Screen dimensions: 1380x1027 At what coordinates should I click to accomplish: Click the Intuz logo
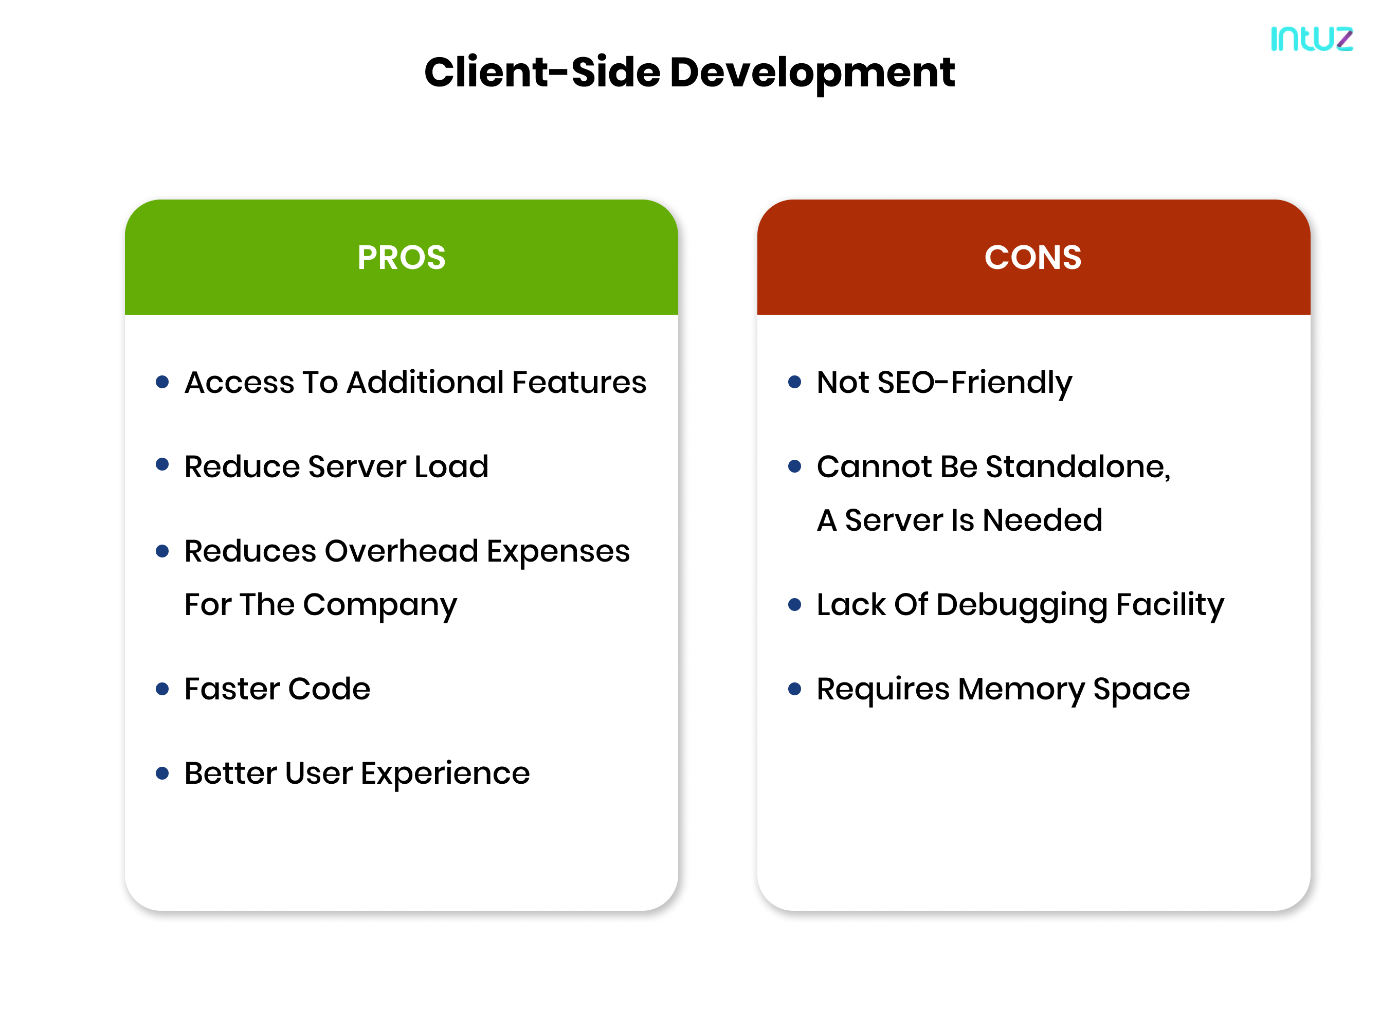tap(1312, 39)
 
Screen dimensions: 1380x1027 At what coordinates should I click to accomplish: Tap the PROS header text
tap(402, 257)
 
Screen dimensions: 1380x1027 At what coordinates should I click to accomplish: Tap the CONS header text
tap(1033, 257)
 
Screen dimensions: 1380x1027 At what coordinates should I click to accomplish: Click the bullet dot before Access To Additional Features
tap(162, 382)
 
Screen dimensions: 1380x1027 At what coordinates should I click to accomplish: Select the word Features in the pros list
tap(579, 382)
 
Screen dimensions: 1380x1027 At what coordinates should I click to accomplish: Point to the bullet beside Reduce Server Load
tap(162, 464)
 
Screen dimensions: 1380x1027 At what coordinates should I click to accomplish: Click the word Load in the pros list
tap(451, 466)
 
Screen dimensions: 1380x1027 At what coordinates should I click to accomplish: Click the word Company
tap(380, 605)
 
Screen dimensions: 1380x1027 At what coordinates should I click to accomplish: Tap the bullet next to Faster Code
tap(162, 689)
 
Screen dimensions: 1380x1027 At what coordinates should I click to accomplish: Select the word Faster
tap(232, 689)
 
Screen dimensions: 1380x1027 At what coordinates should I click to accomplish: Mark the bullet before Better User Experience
tap(162, 773)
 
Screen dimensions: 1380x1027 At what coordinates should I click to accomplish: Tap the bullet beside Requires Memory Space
tap(794, 689)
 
